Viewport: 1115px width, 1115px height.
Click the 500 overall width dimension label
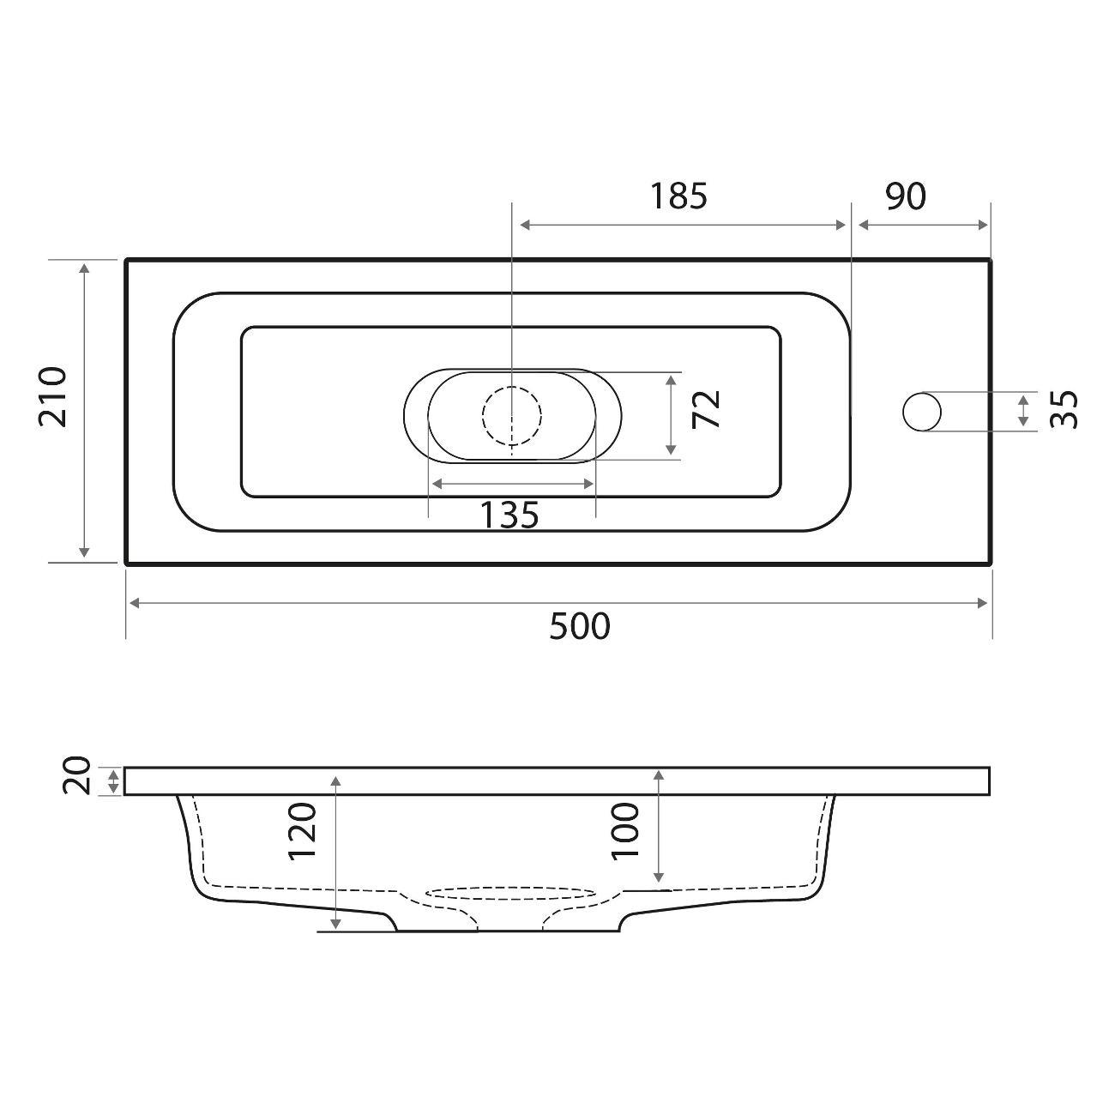[580, 627]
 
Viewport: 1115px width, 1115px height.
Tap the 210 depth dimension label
[54, 397]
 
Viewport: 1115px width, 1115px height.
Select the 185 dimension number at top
[678, 196]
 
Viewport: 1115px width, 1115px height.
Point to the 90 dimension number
[906, 196]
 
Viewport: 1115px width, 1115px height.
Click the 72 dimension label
[707, 408]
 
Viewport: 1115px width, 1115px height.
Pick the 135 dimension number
[509, 515]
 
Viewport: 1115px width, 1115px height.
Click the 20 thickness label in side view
[77, 775]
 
